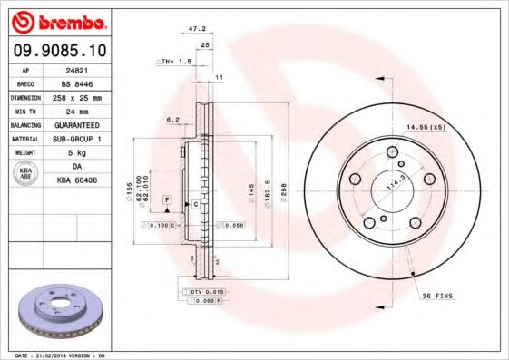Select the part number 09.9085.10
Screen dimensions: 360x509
(x=58, y=49)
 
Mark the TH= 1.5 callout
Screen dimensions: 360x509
(x=175, y=61)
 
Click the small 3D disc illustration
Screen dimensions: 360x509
(x=59, y=308)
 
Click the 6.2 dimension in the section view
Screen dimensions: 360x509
(x=171, y=119)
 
